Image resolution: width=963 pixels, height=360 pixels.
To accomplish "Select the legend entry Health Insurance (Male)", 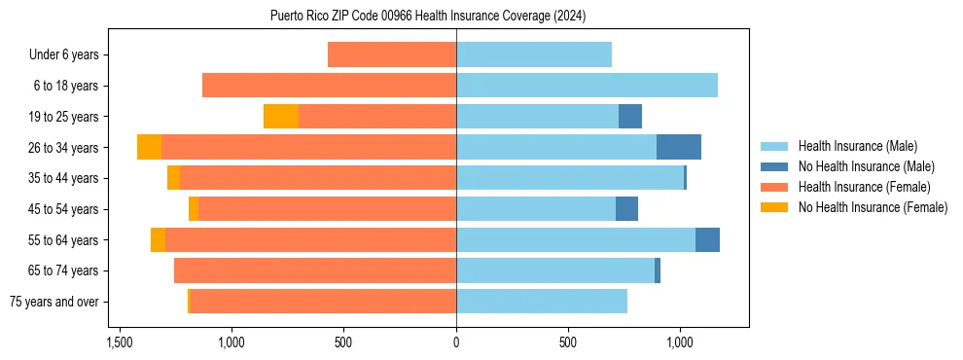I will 857,146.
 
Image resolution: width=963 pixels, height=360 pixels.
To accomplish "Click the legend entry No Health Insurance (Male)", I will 866,166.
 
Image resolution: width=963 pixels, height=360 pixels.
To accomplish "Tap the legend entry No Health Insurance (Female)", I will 873,207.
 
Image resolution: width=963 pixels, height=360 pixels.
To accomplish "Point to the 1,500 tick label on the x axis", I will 120,343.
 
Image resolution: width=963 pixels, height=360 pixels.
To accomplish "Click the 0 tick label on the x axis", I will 456,343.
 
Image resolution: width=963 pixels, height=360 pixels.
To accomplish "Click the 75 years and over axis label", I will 54,302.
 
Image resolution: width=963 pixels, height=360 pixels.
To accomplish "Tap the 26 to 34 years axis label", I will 64,148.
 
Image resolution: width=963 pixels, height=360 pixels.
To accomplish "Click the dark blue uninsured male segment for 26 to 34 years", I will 679,147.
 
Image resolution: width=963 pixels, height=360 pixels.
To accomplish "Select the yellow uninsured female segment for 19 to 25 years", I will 281,117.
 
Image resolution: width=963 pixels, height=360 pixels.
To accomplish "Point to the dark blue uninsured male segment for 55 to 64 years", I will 707,239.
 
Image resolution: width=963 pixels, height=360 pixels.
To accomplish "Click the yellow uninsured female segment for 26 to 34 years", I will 149,147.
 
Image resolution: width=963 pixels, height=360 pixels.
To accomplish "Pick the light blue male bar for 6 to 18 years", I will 587,86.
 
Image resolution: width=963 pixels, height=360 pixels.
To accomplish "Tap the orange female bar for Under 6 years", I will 392,54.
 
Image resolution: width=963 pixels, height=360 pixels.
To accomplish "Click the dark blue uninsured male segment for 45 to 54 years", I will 626,209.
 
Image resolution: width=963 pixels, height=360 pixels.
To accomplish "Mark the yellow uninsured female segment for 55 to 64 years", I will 158,239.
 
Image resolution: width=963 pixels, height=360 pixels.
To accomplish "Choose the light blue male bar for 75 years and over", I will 542,302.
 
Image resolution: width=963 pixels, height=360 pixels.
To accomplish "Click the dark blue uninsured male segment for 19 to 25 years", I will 630,117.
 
